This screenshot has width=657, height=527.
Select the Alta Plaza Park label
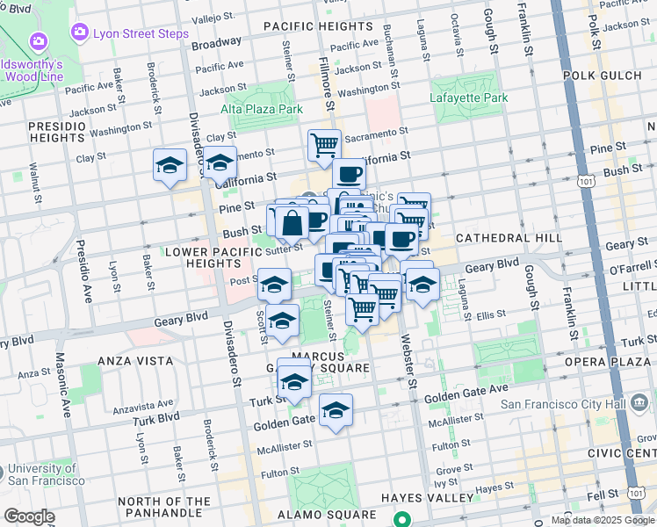click(262, 109)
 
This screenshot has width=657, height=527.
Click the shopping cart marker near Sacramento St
click(324, 145)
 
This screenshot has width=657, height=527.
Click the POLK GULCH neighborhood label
click(605, 76)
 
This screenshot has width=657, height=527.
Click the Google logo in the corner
click(29, 516)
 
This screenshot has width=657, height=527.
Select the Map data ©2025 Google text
click(603, 520)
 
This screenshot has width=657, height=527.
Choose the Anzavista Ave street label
click(116, 407)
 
